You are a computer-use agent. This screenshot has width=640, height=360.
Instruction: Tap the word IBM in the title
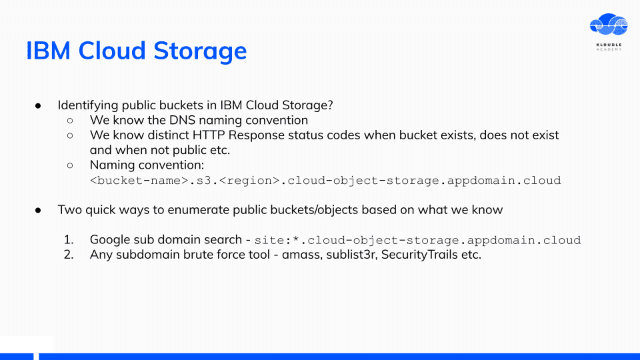[x=48, y=51]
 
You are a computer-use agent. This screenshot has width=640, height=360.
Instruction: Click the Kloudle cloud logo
[x=609, y=25]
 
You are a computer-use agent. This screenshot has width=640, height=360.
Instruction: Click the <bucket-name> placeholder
[x=139, y=181]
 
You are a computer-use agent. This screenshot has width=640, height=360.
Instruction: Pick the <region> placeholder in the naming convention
[x=249, y=181]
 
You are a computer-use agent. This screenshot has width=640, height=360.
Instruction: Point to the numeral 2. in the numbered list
[x=69, y=255]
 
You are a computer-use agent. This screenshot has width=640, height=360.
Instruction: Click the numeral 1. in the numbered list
[x=69, y=239]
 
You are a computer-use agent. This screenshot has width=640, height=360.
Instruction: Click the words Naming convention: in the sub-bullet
[x=147, y=165]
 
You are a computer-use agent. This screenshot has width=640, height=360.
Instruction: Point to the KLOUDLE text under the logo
[x=609, y=45]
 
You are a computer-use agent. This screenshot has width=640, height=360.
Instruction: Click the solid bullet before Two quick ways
[x=38, y=210]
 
